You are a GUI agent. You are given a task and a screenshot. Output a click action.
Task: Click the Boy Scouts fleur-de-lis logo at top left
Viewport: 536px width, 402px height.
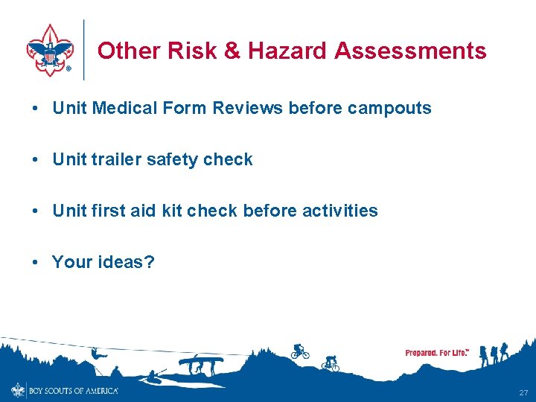click(51, 50)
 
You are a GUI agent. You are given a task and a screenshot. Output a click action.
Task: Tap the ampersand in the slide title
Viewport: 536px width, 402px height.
click(232, 51)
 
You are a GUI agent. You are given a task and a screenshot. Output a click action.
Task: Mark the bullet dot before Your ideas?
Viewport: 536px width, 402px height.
click(36, 262)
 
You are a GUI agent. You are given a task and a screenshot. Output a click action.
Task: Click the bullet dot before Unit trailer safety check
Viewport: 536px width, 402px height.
click(36, 159)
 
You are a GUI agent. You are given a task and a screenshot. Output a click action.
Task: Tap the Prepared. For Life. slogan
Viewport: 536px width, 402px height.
click(437, 352)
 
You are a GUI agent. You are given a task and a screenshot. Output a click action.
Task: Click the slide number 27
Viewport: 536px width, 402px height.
click(523, 392)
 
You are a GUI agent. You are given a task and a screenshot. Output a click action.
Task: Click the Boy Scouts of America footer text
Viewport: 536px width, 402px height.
click(73, 390)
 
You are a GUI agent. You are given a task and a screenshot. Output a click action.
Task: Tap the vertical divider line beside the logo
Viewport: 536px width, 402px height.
click(84, 50)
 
